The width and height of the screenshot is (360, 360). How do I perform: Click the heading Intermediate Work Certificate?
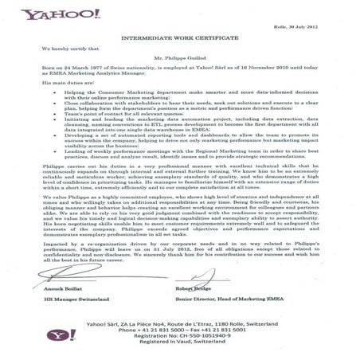179,38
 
